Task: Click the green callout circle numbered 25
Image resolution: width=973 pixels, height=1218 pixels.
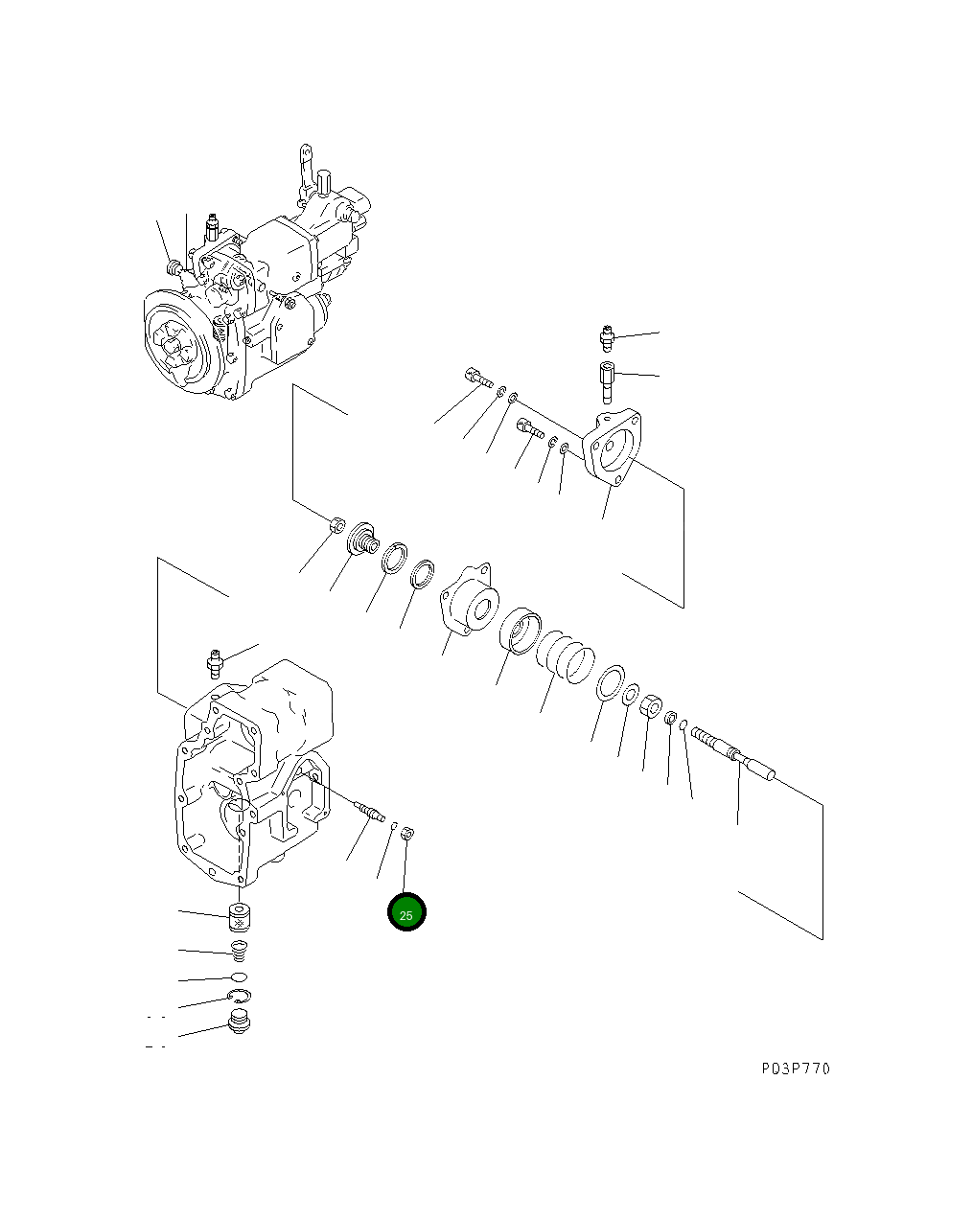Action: [x=405, y=913]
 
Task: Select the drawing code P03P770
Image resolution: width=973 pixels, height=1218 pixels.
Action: [x=796, y=1069]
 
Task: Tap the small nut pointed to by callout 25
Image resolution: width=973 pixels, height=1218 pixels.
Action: [x=406, y=832]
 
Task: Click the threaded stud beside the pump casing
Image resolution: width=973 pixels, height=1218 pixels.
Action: [x=368, y=811]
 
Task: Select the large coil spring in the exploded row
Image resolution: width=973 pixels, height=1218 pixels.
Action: [x=565, y=657]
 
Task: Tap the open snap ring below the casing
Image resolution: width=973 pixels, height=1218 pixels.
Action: [x=240, y=997]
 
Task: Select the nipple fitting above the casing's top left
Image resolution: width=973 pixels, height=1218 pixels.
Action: [x=215, y=661]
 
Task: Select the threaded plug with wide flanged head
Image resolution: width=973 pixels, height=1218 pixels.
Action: [x=362, y=537]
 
